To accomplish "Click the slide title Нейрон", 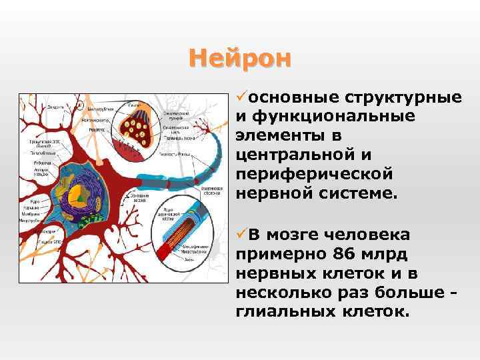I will (240, 59).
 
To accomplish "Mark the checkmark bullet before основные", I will (241, 97).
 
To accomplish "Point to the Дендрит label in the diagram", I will (55, 106).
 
